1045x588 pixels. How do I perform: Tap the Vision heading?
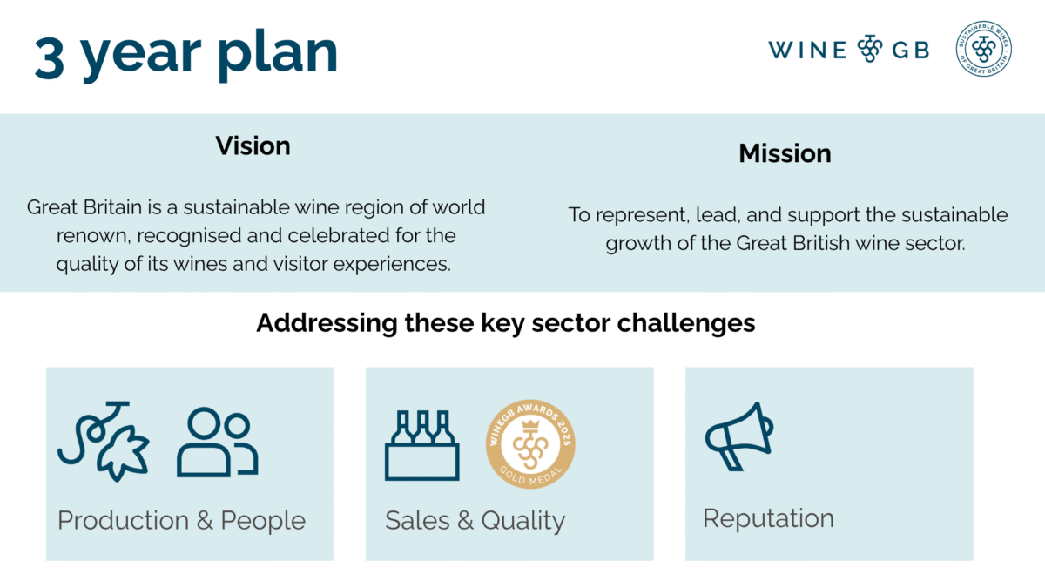pos(253,145)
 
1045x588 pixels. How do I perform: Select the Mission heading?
pos(785,154)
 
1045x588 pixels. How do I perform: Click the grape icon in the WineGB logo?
pos(870,50)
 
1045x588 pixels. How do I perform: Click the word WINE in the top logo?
pos(807,50)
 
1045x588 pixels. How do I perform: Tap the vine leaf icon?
pos(104,443)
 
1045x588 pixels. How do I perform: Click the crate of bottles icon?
pos(422,444)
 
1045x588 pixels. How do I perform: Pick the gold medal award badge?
pos(530,443)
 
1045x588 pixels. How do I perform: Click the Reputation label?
pos(768,518)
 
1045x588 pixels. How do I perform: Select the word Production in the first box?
pos(122,521)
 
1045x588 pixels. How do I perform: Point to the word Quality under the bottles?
pos(523,522)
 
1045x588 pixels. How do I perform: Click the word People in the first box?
pos(263,521)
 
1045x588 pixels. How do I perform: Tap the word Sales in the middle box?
pos(416,521)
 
